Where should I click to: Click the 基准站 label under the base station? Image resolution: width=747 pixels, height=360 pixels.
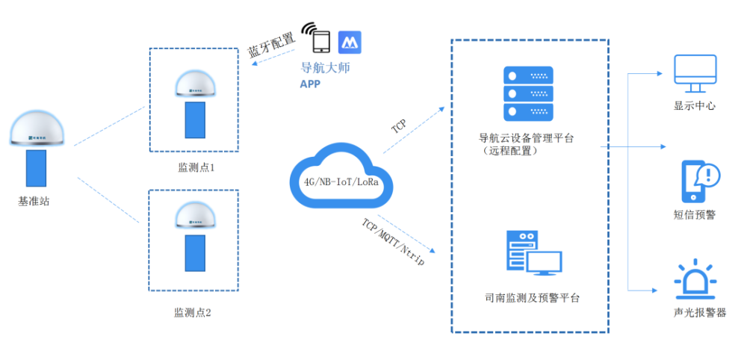pyautogui.click(x=34, y=201)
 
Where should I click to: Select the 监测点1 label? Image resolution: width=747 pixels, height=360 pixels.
pyautogui.click(x=196, y=168)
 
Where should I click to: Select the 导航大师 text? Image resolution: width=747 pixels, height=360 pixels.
pyautogui.click(x=325, y=68)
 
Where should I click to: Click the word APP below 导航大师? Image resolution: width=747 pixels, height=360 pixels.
pyautogui.click(x=310, y=84)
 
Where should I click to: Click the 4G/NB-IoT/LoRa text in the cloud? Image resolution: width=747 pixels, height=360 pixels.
pyautogui.click(x=338, y=182)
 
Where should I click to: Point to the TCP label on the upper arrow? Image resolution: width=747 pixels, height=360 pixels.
pyautogui.click(x=400, y=125)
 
